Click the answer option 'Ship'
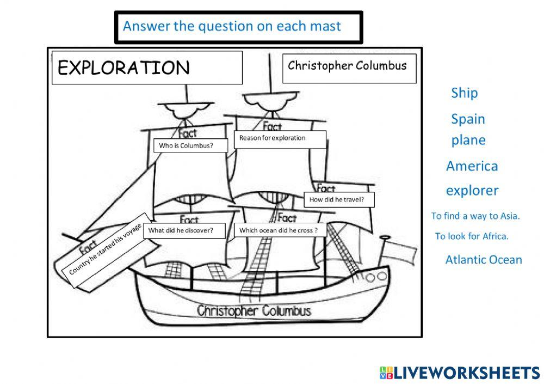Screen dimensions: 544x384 tap(464, 93)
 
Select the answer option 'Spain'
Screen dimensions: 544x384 tap(468, 119)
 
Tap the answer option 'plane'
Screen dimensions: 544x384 tap(468, 141)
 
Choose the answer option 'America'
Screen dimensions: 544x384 tap(472, 166)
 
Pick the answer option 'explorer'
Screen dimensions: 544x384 tap(472, 191)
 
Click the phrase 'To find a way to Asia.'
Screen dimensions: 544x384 tap(475, 216)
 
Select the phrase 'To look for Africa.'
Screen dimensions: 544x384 tap(472, 236)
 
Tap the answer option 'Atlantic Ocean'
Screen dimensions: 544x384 tap(484, 260)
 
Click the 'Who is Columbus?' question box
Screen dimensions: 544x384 tap(190, 145)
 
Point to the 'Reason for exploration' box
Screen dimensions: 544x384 tap(280, 139)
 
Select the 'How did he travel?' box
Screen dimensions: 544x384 tap(339, 199)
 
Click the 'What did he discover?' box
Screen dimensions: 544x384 tap(184, 230)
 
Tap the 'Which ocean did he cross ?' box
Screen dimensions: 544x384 tap(280, 230)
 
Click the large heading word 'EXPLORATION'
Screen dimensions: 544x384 tap(124, 68)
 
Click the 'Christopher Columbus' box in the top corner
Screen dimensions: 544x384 tap(349, 69)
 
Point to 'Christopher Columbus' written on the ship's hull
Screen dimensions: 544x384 tap(254, 310)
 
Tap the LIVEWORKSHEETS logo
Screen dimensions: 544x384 tap(460, 373)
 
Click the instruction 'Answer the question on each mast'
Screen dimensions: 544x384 tap(232, 26)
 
